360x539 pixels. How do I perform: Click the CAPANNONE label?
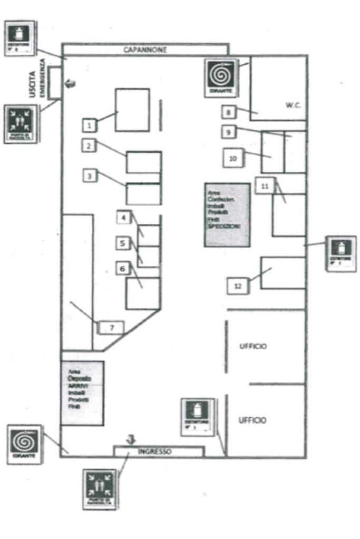click(x=145, y=50)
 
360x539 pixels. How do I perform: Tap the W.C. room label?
click(x=293, y=105)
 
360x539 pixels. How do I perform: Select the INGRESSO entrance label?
click(x=155, y=452)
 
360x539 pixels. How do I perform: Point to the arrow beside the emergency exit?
click(x=70, y=82)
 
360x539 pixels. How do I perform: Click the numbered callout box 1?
click(x=90, y=125)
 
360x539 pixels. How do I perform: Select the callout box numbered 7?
click(x=111, y=328)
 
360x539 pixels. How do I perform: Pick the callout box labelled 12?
click(x=238, y=286)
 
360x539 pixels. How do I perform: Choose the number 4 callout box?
click(x=123, y=217)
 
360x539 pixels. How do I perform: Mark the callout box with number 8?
click(x=228, y=112)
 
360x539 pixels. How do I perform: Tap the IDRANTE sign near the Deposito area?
click(x=25, y=444)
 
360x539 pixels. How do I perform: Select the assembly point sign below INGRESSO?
click(x=100, y=488)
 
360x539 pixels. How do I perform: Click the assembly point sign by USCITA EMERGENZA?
click(x=21, y=124)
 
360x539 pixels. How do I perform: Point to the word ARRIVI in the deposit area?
click(x=78, y=386)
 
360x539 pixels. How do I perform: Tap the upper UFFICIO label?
click(x=252, y=346)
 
